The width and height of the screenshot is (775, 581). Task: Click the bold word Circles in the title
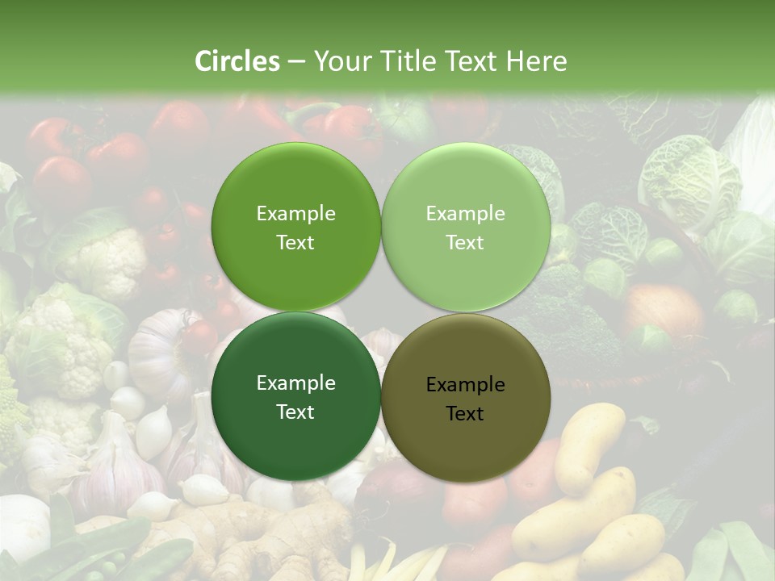[237, 61]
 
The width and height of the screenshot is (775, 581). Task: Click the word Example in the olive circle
[465, 385]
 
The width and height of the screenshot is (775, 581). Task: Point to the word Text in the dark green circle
[295, 412]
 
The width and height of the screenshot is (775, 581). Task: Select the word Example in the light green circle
[465, 214]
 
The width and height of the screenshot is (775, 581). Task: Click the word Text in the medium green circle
[295, 243]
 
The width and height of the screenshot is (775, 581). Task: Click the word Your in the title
[340, 61]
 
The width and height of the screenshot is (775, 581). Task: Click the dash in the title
[296, 61]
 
